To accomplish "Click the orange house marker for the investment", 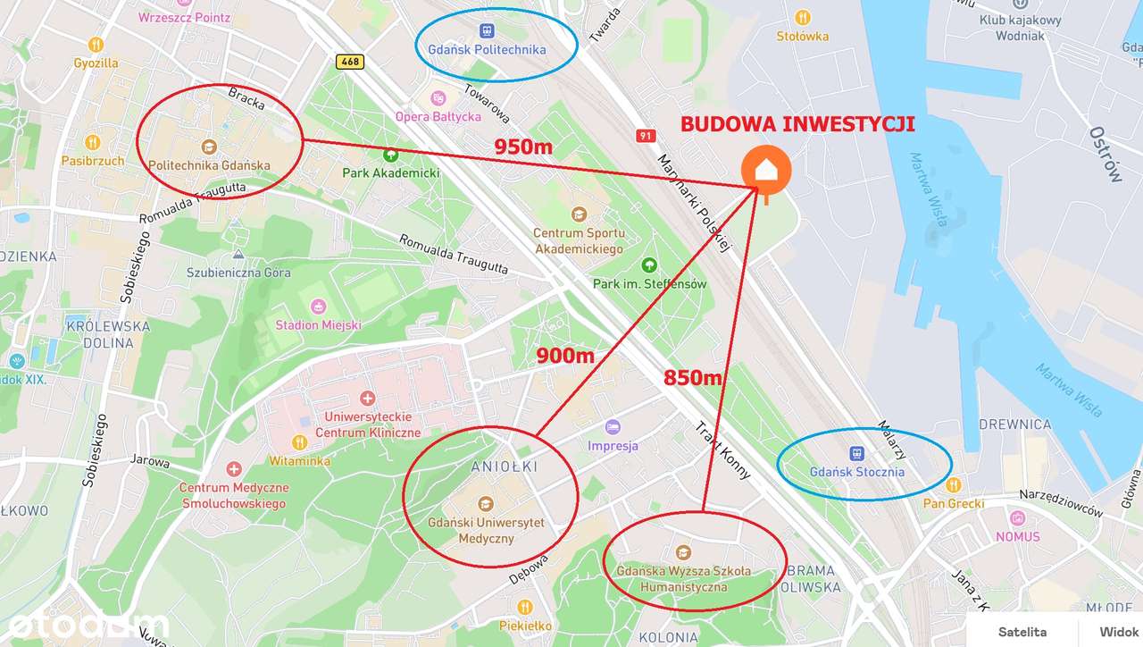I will tap(765, 169).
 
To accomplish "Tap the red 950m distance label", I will tap(523, 147).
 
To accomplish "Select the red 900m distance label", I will tap(565, 356).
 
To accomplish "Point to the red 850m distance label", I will tap(692, 377).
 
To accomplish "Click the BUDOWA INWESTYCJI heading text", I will tap(797, 124).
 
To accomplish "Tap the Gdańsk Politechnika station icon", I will tap(487, 30).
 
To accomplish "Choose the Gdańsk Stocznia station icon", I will tap(856, 454).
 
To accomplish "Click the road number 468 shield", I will tap(350, 62).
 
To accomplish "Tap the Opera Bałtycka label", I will tap(438, 116).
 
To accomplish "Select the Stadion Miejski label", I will tap(319, 324).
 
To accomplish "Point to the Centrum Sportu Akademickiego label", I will tap(579, 241).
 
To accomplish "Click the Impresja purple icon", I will tap(612, 427).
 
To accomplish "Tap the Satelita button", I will tap(1022, 632).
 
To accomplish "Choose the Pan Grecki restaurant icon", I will tap(953, 485).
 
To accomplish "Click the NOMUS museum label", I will tap(1018, 536).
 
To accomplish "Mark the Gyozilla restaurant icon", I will tap(96, 45).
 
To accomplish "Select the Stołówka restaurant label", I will tap(802, 37).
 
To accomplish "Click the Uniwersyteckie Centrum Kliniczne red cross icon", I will tap(366, 398).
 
